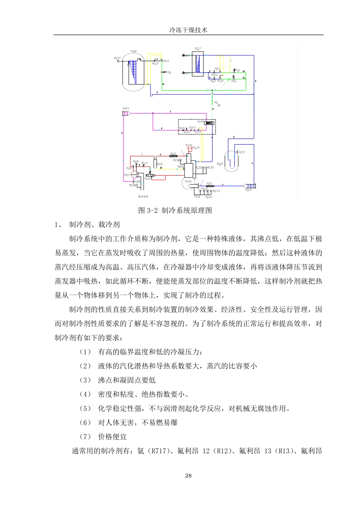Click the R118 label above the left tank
coord(133,51)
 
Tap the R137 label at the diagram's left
coord(117,58)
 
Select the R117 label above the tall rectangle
coord(198,48)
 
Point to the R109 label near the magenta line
coord(126,109)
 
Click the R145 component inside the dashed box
coord(209,122)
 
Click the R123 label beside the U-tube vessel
coord(241,152)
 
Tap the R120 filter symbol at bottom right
coord(250,186)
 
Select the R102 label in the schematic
coord(160,164)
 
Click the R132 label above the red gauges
coord(189,145)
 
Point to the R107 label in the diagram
coord(127,175)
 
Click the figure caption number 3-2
coord(152,211)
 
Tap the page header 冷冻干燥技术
coord(188,30)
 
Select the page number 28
coord(188,476)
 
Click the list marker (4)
coord(85,394)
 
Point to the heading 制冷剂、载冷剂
coord(94,225)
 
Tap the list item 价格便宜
coord(113,437)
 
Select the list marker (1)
coord(85,352)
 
